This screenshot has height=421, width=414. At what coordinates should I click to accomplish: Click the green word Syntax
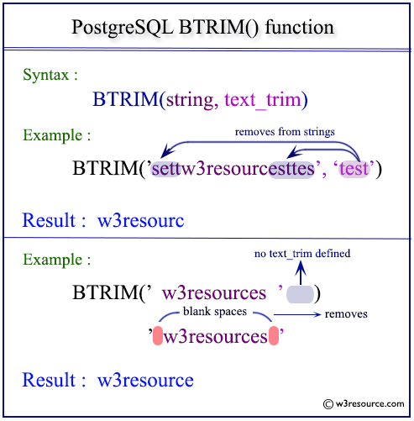pos(50,75)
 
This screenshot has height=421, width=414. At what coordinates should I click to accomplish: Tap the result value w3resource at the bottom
pos(145,380)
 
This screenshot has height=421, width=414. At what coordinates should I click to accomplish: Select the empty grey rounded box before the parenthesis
pos(300,294)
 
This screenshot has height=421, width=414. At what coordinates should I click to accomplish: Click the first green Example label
pos(56,135)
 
